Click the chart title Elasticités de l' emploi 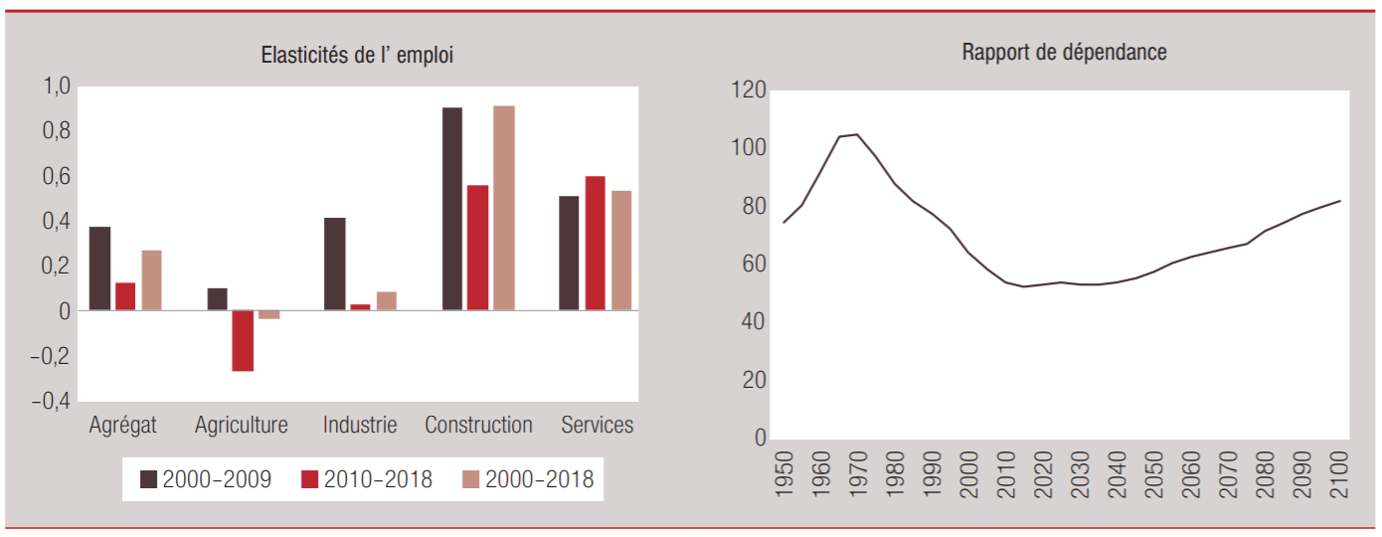click(356, 56)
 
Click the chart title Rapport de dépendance click(1064, 53)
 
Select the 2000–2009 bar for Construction click(452, 209)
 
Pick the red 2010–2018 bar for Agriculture click(243, 340)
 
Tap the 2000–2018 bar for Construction click(504, 208)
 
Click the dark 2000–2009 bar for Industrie click(335, 264)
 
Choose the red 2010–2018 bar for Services click(595, 244)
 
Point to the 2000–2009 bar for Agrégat click(99, 268)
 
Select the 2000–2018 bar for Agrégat click(151, 280)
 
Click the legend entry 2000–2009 click(205, 479)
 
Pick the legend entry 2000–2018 click(527, 479)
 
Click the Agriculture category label click(242, 426)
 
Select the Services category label click(597, 426)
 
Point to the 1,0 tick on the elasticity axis click(56, 87)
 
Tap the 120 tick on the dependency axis click(749, 90)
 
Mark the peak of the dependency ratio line click(856, 134)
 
